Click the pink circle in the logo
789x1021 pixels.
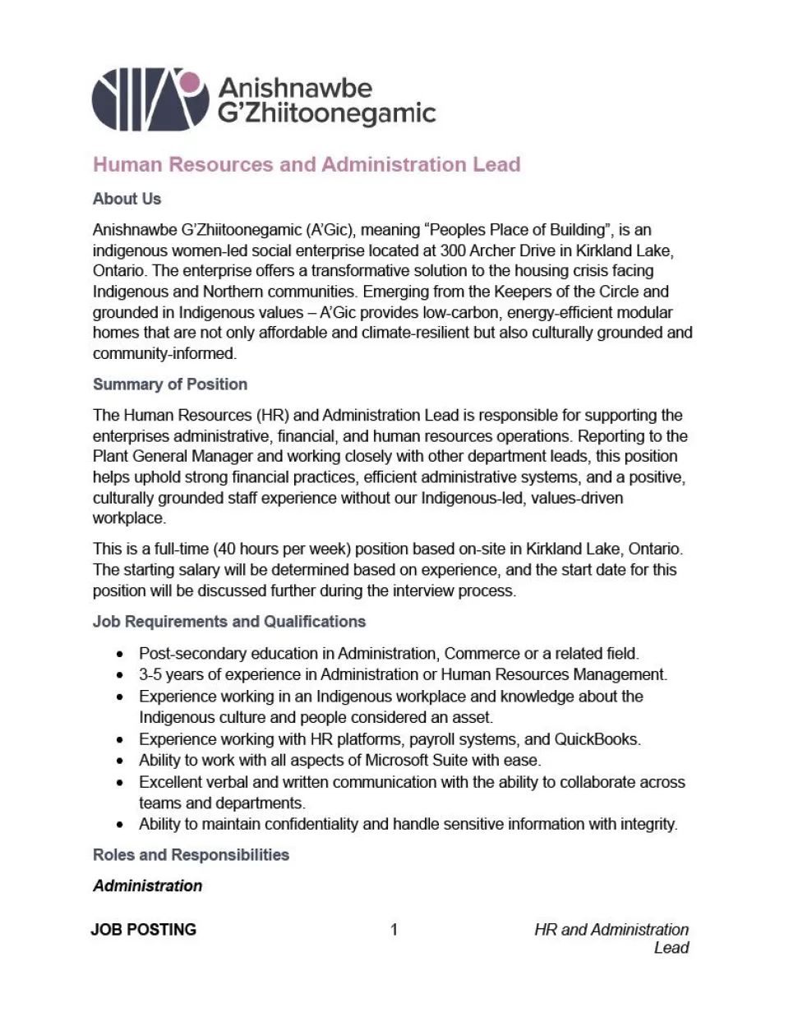pyautogui.click(x=191, y=82)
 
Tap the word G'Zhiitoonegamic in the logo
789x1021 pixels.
pyautogui.click(x=326, y=113)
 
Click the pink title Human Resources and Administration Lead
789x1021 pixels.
pyautogui.click(x=307, y=164)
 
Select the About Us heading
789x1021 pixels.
pyautogui.click(x=127, y=199)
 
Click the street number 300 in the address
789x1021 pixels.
pyautogui.click(x=454, y=251)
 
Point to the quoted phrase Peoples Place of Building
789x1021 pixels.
pyautogui.click(x=515, y=230)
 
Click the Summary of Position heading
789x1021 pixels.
pyautogui.click(x=169, y=384)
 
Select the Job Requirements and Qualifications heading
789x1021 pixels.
pyautogui.click(x=228, y=622)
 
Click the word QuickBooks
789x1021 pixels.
pyautogui.click(x=597, y=739)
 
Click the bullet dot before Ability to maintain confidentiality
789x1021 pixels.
pyautogui.click(x=121, y=825)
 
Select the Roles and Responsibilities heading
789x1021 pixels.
pyautogui.click(x=191, y=855)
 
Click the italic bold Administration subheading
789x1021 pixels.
pyautogui.click(x=147, y=886)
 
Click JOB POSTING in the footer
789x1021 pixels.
pyautogui.click(x=144, y=930)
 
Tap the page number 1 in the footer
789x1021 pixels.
pyautogui.click(x=394, y=930)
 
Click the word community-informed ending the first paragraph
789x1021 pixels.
pyautogui.click(x=164, y=354)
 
